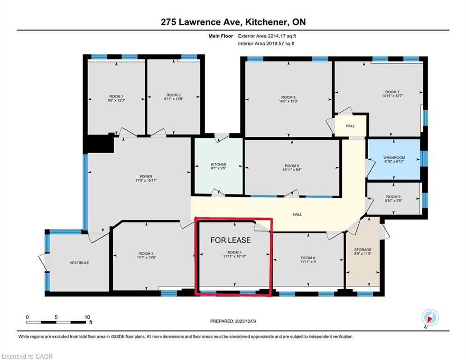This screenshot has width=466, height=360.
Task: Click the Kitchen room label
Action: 218,164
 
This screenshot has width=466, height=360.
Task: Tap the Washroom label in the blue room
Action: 394,157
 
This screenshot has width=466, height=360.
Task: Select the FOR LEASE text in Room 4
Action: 230,240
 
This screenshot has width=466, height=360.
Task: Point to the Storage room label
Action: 362,250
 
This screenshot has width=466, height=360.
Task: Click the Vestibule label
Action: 79,263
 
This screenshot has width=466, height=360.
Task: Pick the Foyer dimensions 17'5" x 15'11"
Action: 146,180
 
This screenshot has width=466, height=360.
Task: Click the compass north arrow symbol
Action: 430,318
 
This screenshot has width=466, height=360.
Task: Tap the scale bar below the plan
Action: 57,322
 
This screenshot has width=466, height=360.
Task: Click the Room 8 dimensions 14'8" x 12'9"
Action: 288,101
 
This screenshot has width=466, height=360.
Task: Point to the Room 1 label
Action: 117,97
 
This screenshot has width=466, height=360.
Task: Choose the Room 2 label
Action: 174,95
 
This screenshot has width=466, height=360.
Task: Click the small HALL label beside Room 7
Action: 350,126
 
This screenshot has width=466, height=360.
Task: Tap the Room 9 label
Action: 393,197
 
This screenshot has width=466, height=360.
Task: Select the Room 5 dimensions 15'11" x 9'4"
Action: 292,170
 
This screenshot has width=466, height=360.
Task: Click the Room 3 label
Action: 146,254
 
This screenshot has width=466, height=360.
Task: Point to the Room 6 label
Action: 308,258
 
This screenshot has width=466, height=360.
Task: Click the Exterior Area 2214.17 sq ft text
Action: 267,36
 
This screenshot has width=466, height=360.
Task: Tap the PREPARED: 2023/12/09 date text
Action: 233,321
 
